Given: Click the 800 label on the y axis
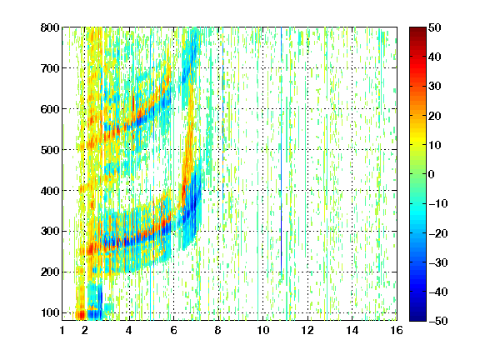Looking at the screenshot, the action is (x=50, y=27).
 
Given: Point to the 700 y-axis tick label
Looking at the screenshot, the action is (x=50, y=68).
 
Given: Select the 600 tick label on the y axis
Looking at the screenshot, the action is (x=50, y=109).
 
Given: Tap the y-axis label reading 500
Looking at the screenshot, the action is (x=50, y=150).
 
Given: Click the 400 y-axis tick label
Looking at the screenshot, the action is (x=50, y=191).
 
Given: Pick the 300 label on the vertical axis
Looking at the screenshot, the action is (x=50, y=231).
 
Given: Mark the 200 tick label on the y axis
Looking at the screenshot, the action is (x=50, y=272).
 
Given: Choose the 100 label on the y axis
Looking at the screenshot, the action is (x=50, y=312).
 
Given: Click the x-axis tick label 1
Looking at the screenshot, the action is (x=62, y=330).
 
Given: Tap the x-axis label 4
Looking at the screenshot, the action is (x=129, y=330).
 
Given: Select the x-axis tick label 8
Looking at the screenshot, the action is (x=217, y=330).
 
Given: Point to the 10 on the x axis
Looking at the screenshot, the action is (x=262, y=330).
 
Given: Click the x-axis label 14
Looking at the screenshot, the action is (x=352, y=330).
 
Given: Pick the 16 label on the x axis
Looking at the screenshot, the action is (x=397, y=330).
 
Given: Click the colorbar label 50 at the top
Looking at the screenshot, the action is (x=434, y=27).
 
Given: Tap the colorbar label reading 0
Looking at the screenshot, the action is (x=432, y=174).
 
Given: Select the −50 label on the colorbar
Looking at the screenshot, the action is (x=438, y=321).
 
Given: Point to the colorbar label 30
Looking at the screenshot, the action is (x=434, y=86).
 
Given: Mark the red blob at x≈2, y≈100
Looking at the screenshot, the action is (x=82, y=314).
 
